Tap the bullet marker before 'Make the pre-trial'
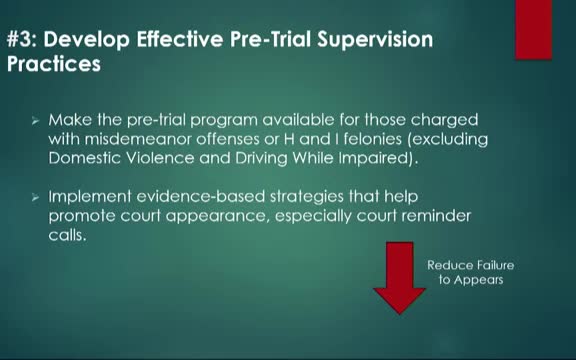35,120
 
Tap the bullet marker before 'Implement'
35,198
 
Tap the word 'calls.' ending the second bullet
68,235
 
